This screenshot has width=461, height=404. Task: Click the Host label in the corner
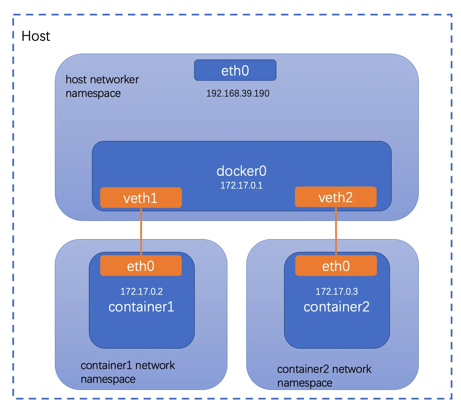[x=36, y=36]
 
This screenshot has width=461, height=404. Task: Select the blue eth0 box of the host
[x=235, y=70]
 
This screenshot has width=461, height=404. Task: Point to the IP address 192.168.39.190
[x=238, y=93]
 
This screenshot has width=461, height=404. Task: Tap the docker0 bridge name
[x=241, y=171]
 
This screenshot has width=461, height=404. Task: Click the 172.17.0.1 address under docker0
[x=241, y=185]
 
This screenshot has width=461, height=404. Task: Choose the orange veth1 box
[x=141, y=198]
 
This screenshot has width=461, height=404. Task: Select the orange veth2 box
[x=336, y=197]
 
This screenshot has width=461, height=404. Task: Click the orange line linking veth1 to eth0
[x=141, y=232]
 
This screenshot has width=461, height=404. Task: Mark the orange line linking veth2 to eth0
[x=336, y=231]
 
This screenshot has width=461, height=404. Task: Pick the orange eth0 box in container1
[x=141, y=266]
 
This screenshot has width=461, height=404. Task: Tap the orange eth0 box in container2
[x=336, y=266]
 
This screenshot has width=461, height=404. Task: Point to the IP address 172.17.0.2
[x=142, y=291]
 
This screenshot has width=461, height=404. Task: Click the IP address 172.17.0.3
[x=336, y=291]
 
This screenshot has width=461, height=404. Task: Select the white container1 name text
[x=141, y=307]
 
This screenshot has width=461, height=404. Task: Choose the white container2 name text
[x=336, y=307]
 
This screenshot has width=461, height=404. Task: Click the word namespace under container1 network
[x=108, y=379]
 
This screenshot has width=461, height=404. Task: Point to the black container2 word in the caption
[x=303, y=369]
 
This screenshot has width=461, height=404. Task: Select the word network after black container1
[x=155, y=365]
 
